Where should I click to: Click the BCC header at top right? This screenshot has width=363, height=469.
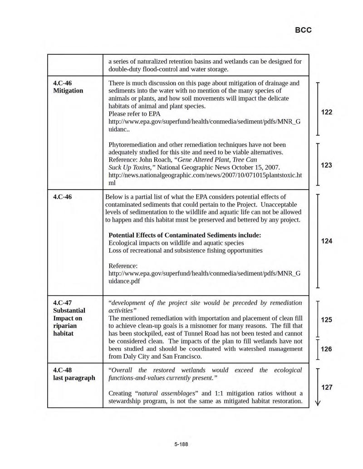click(303, 30)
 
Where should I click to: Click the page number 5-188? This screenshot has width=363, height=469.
click(181, 444)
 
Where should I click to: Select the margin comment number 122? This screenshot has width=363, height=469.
click(327, 112)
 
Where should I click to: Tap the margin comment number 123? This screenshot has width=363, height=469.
click(327, 165)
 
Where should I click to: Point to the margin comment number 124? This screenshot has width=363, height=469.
click(327, 241)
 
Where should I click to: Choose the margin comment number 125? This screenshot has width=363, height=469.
click(327, 319)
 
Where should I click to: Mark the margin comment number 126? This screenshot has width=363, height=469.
click(327, 349)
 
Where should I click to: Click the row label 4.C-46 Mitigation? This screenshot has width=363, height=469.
click(68, 87)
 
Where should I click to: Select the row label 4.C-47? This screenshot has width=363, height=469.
click(63, 303)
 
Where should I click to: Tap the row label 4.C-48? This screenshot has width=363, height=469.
click(63, 370)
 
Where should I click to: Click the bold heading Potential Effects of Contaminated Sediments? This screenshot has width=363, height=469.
click(185, 235)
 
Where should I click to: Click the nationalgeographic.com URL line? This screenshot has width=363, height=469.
click(204, 175)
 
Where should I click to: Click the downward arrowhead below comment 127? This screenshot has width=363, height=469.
click(317, 403)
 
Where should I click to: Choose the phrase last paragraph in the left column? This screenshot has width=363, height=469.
click(74, 378)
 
